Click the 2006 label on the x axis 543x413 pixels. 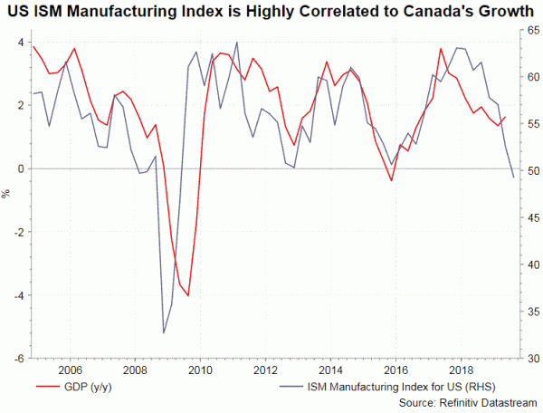coord(69,370)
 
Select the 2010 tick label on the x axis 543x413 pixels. coord(199,370)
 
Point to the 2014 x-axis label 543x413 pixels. coord(329,370)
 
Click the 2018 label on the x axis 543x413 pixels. coord(460,370)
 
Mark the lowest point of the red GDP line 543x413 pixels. coord(188,295)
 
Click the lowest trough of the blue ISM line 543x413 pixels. coord(164,333)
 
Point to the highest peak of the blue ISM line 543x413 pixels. coord(237,42)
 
